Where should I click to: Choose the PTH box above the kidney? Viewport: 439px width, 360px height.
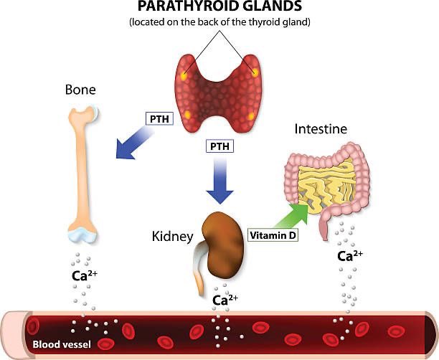pos(220,146)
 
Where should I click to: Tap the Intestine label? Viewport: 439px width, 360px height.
pos(321,130)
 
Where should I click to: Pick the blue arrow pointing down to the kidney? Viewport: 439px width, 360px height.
pos(220,183)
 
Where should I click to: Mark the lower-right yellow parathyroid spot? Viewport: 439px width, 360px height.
pos(251,116)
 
